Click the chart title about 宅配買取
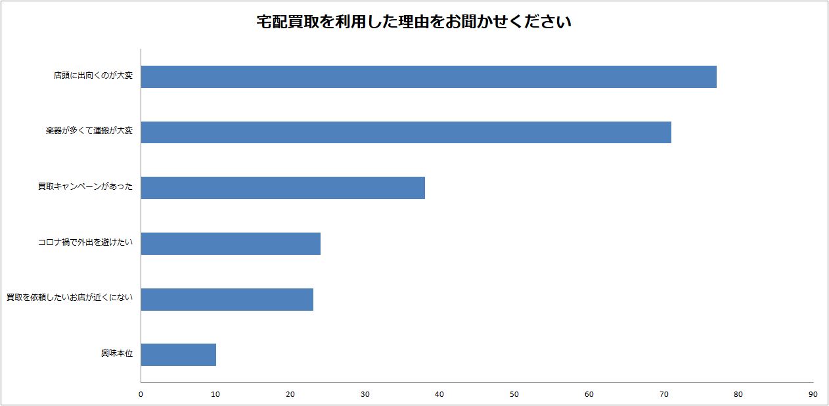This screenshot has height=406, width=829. pos(414,22)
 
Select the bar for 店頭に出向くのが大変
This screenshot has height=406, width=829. pos(428,77)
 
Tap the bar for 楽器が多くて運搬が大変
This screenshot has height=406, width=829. pos(406,132)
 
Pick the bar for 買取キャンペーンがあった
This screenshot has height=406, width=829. pos(282,188)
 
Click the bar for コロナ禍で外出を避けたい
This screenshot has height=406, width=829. pos(231,244)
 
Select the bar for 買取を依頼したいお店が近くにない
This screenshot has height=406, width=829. pos(227,299)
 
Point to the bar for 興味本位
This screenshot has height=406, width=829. pos(178,355)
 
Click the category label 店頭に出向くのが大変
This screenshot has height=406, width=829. pos(93,76)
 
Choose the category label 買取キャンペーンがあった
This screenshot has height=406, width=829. pos(85,187)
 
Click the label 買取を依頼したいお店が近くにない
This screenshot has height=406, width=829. pos(70,298)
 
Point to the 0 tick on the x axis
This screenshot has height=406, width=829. pos(141,395)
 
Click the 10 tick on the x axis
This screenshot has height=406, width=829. pos(215,395)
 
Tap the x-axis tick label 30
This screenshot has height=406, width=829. pos(365,395)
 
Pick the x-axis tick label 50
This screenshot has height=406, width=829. pos(514,395)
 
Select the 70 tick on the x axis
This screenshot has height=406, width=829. pos(663,395)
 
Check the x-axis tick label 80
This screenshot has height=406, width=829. pos(738,395)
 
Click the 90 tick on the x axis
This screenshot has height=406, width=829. pos(813,395)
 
